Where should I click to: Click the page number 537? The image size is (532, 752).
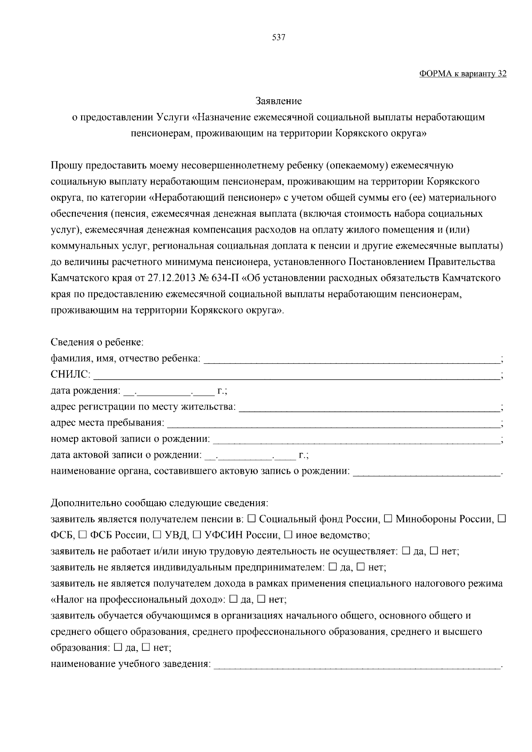[x=278, y=38]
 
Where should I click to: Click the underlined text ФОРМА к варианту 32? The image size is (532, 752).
[x=462, y=74]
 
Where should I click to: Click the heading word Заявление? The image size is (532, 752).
[x=279, y=101]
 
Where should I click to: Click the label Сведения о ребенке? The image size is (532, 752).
[x=97, y=342]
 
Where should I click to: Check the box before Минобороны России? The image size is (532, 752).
[x=388, y=518]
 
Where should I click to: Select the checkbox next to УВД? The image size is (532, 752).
[x=157, y=534]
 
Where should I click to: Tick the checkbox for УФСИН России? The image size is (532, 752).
[x=197, y=534]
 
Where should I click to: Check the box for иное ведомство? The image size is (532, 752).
[x=288, y=534]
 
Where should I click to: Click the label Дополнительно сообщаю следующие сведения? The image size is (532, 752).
[x=160, y=503]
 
